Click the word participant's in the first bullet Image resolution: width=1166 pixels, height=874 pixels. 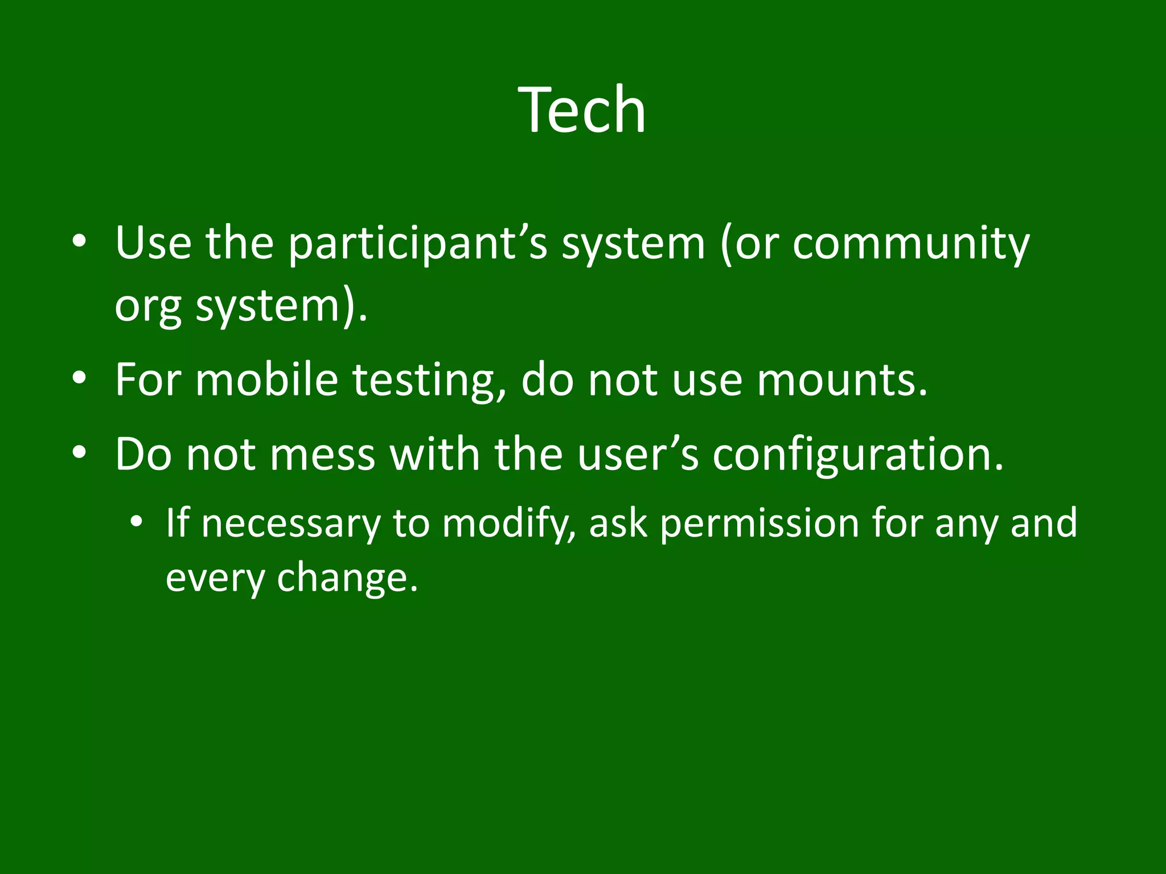[417, 244]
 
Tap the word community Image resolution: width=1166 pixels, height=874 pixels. [910, 244]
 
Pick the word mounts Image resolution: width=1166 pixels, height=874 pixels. [841, 380]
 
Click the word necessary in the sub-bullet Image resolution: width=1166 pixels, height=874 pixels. [290, 523]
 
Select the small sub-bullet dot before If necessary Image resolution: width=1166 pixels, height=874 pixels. [136, 521]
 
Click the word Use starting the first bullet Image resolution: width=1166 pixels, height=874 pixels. [153, 244]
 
